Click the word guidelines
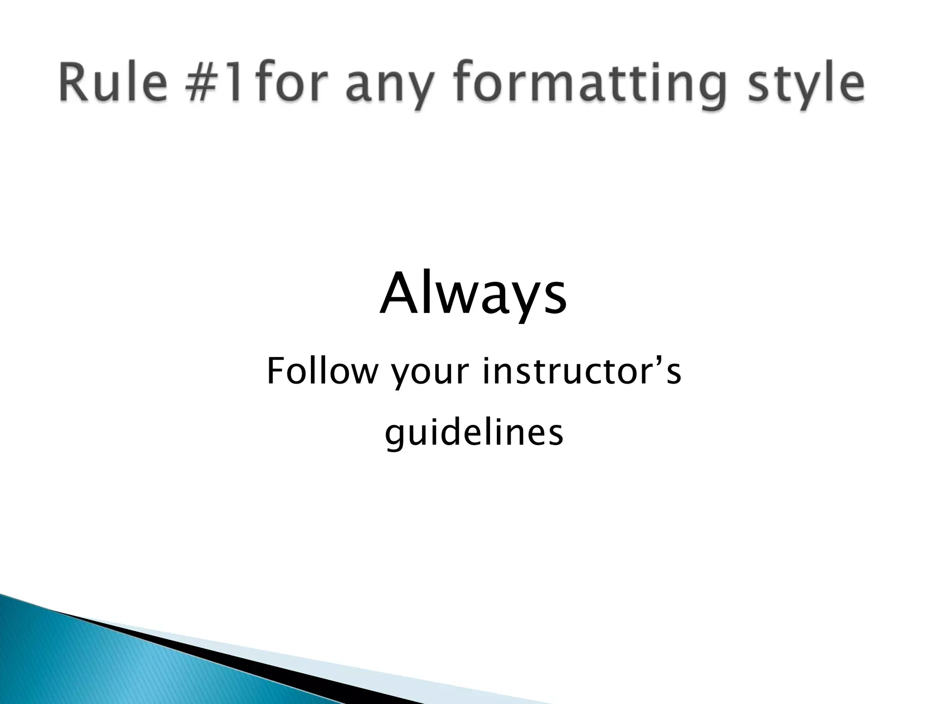coord(474,434)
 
